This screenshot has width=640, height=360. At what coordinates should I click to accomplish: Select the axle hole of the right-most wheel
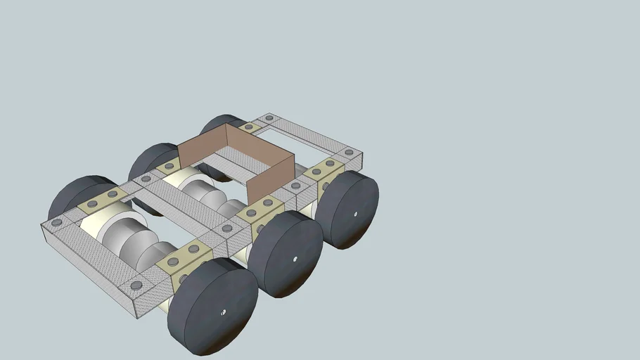coord(355,213)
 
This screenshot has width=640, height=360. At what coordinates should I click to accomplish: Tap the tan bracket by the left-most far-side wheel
coord(103,199)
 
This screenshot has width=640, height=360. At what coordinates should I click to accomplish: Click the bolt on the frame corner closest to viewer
coord(136,285)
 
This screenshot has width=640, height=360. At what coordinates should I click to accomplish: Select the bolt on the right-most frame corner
coord(349,152)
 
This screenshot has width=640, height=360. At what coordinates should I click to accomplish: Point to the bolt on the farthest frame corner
coord(268,117)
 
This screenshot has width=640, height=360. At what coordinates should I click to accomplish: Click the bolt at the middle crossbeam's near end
coord(226,229)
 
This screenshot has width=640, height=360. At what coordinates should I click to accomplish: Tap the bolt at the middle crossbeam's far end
coord(146,179)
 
